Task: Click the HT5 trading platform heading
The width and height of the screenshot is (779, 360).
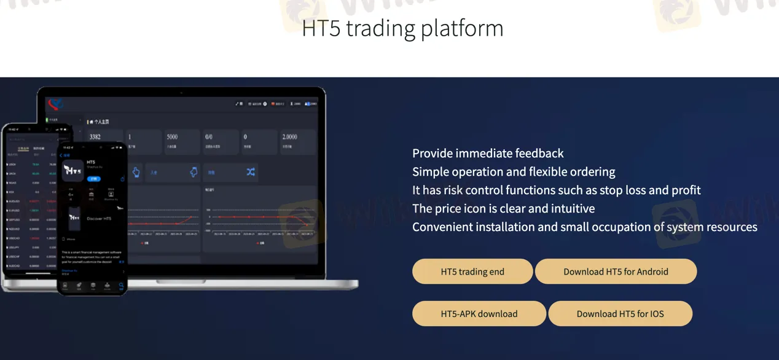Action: pos(402,28)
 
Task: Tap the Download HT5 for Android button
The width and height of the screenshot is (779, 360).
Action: pos(616,272)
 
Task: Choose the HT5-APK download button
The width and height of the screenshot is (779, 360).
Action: pos(479,313)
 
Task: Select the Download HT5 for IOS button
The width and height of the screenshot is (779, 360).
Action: pos(620,313)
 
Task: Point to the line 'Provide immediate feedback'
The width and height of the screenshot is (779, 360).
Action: pos(488,153)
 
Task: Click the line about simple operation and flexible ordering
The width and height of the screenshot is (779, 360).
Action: pos(514,171)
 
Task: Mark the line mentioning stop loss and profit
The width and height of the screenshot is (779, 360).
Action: pos(556,190)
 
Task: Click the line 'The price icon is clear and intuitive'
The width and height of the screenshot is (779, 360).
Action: pos(503,208)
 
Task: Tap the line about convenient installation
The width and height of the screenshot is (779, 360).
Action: pos(584,227)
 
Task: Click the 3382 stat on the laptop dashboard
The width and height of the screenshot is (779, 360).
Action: pos(95,136)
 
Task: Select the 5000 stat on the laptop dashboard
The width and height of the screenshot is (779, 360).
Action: pos(172,136)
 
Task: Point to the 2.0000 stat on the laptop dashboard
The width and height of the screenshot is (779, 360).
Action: pos(289,136)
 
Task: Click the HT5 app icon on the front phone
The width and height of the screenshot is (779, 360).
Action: pos(73,170)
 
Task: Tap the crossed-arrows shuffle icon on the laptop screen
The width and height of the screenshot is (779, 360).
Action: pos(250,173)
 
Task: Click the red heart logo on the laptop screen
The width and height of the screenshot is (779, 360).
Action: pos(55,103)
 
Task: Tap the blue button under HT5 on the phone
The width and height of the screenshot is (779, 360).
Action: pos(93,178)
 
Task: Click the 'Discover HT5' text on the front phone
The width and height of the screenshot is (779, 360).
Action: pos(99,219)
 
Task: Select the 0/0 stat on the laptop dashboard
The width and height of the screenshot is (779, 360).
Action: pos(209,136)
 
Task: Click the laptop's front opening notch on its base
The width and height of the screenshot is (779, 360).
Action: pos(181,282)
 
